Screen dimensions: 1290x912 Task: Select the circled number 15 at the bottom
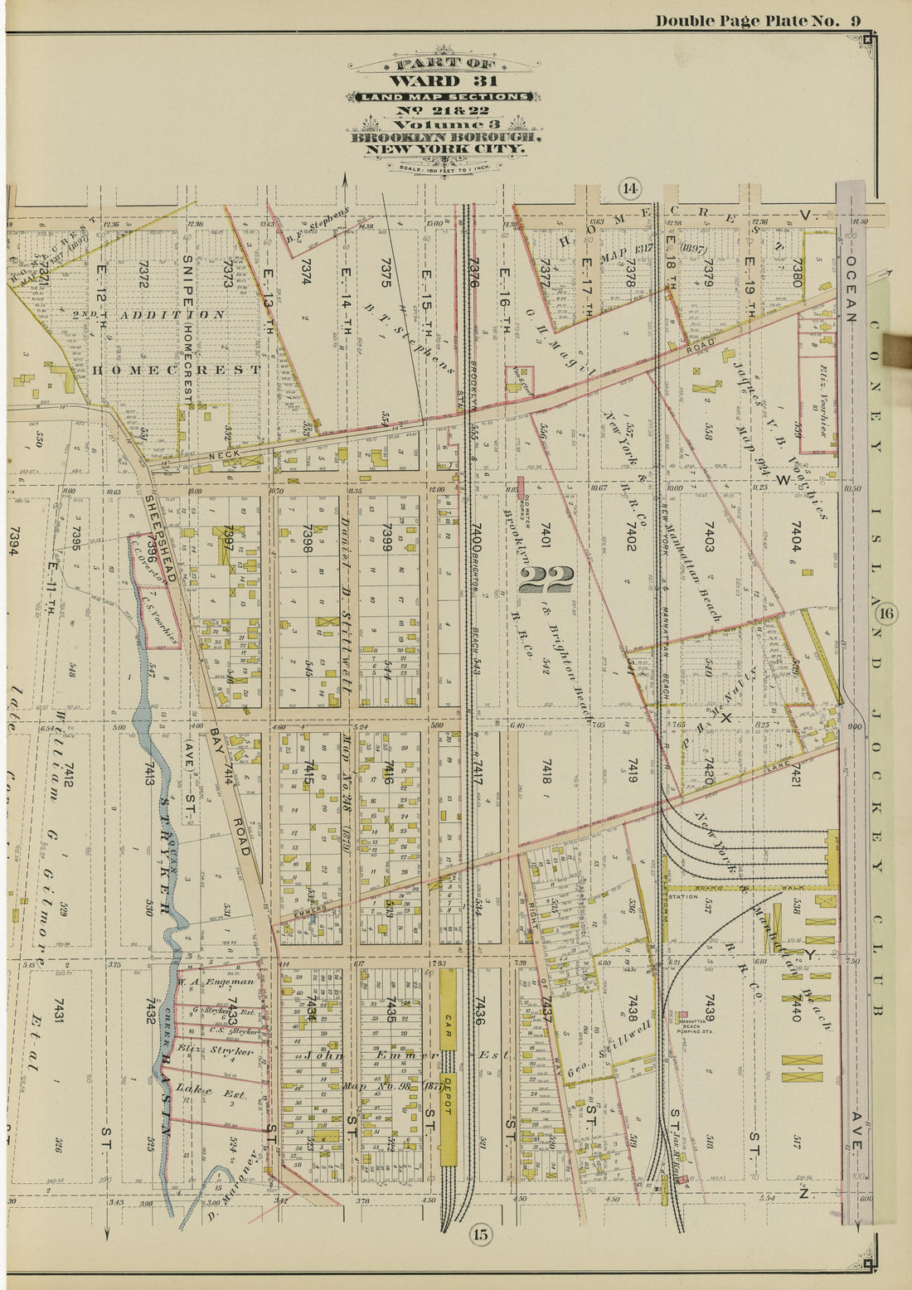481,1234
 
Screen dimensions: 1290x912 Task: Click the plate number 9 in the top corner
855,21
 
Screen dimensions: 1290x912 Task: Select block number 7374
305,274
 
